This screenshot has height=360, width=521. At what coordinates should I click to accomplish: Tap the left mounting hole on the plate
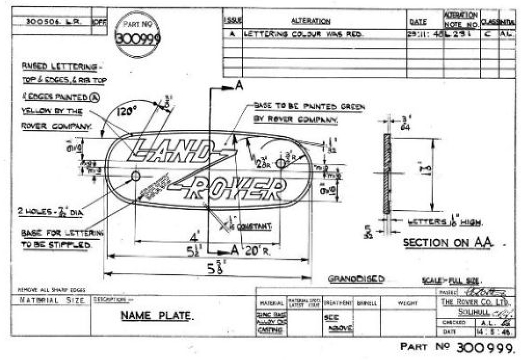coord(136,176)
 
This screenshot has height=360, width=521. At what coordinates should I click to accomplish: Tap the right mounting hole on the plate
coord(280,164)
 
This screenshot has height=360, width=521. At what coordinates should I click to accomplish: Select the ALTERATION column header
coord(311,21)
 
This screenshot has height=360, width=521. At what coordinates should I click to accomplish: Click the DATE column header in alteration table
coord(418,22)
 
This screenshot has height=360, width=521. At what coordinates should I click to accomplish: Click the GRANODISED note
coord(356,279)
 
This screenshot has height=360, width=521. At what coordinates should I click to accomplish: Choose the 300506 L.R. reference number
coord(48,22)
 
